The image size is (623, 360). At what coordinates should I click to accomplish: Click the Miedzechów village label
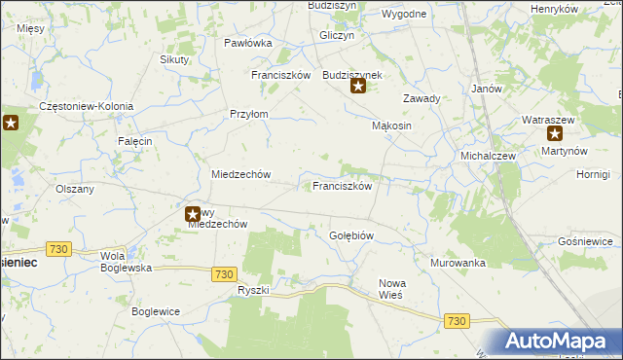(239, 174)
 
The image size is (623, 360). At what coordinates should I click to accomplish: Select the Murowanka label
(458, 263)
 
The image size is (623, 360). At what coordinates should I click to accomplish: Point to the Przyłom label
(248, 114)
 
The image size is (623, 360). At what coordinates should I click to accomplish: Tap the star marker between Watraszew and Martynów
(555, 134)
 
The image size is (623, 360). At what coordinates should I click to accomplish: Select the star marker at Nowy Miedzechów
(193, 213)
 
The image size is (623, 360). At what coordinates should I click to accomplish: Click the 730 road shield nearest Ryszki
(225, 274)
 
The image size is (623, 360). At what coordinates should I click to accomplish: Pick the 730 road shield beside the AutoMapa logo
(457, 320)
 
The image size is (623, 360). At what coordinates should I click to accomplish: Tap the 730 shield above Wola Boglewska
(58, 249)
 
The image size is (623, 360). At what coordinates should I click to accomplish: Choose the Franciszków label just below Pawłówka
(280, 75)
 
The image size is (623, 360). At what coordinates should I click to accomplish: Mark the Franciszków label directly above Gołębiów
(341, 186)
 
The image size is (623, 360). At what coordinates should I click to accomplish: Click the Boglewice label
(158, 311)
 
